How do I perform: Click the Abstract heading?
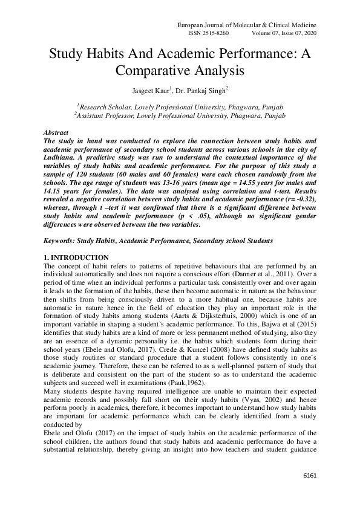[x=56, y=132]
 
